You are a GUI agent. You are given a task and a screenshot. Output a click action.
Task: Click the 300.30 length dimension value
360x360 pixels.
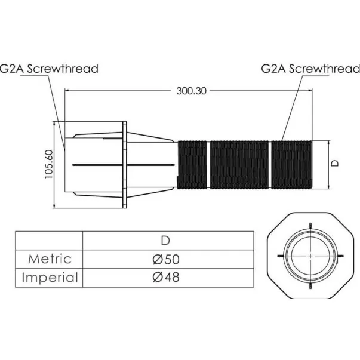192,91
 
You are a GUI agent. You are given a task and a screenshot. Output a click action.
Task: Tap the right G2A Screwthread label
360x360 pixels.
310,68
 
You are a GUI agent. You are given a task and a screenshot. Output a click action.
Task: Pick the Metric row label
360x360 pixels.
50,259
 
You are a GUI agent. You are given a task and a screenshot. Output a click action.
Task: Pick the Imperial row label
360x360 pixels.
50,277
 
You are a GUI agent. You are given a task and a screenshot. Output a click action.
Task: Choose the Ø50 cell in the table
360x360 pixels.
165,259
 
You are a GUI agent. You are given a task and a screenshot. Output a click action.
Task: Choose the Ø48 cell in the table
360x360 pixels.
165,277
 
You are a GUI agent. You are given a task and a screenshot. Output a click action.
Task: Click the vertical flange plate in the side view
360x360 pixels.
124,165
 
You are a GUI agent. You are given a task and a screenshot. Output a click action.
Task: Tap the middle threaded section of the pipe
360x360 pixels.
239,165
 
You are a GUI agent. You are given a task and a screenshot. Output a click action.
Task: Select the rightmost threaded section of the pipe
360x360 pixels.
291,165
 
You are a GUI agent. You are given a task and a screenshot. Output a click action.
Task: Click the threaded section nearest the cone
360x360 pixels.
192,165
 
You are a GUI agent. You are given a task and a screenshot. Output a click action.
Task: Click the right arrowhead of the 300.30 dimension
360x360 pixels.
310,91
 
